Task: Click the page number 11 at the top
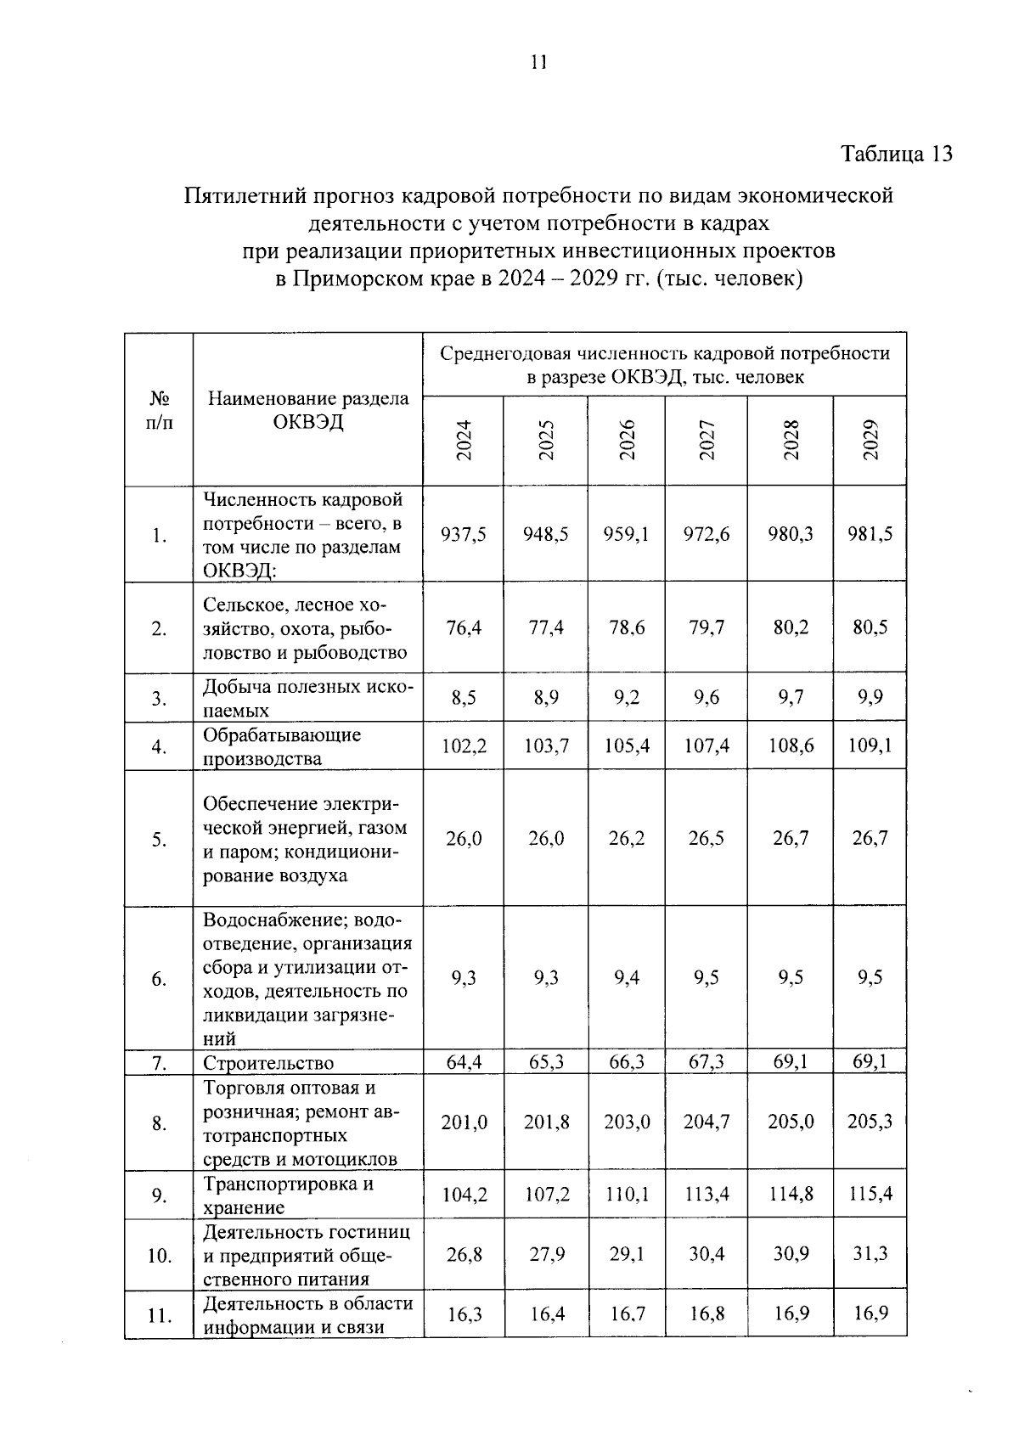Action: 538,62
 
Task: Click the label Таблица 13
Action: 897,154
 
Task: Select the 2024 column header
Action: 463,441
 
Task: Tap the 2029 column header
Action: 870,441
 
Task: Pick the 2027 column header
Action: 707,441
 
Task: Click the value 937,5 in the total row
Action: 463,534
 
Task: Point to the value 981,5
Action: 870,534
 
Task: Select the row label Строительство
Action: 268,1063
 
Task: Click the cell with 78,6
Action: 627,627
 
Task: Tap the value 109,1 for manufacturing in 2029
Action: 870,746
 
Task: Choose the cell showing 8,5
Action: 463,698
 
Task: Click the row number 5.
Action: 159,840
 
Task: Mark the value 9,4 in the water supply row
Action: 627,978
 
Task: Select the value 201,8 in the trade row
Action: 546,1122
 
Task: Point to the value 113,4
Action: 707,1195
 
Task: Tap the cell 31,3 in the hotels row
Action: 870,1253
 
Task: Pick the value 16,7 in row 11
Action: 627,1314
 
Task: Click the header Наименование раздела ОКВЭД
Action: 308,410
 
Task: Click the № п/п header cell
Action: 159,410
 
